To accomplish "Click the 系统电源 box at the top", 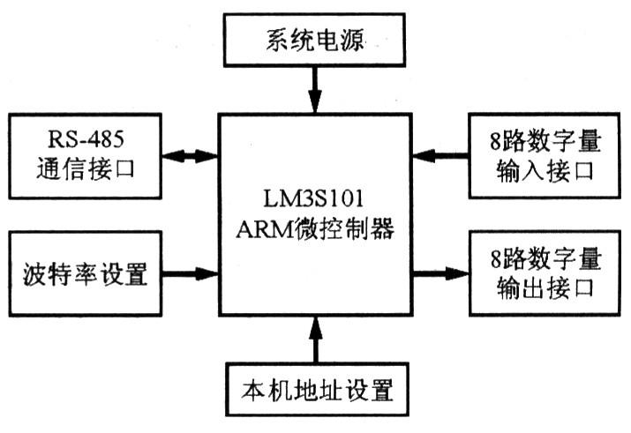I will click(x=315, y=41).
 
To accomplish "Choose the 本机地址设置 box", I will click(x=315, y=388).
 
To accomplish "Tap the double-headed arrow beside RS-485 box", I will click(x=191, y=155).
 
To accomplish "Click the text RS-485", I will click(x=86, y=138).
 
